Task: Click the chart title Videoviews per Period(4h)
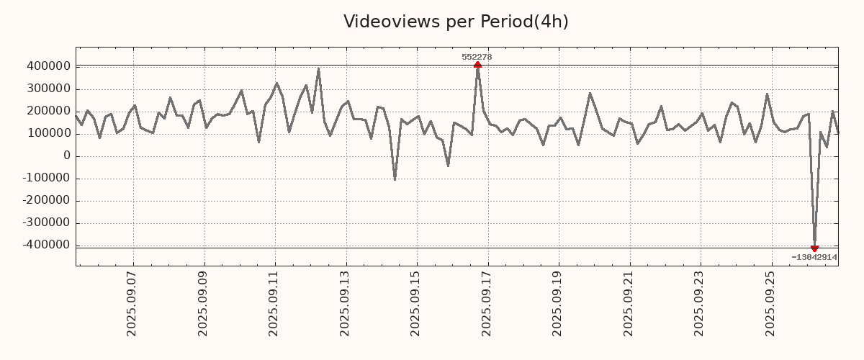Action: click(x=456, y=22)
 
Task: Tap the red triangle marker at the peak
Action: click(x=477, y=66)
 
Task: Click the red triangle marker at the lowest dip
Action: click(x=814, y=248)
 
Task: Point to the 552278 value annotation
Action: click(x=477, y=57)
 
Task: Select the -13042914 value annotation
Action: click(x=814, y=257)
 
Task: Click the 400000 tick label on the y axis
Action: click(x=48, y=66)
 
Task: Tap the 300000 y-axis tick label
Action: click(x=48, y=89)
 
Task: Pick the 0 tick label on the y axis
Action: click(x=67, y=156)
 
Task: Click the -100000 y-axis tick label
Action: click(x=45, y=178)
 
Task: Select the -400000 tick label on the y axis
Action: click(x=45, y=245)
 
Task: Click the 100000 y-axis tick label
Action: click(x=48, y=133)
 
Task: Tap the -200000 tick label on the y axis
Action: click(x=45, y=200)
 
